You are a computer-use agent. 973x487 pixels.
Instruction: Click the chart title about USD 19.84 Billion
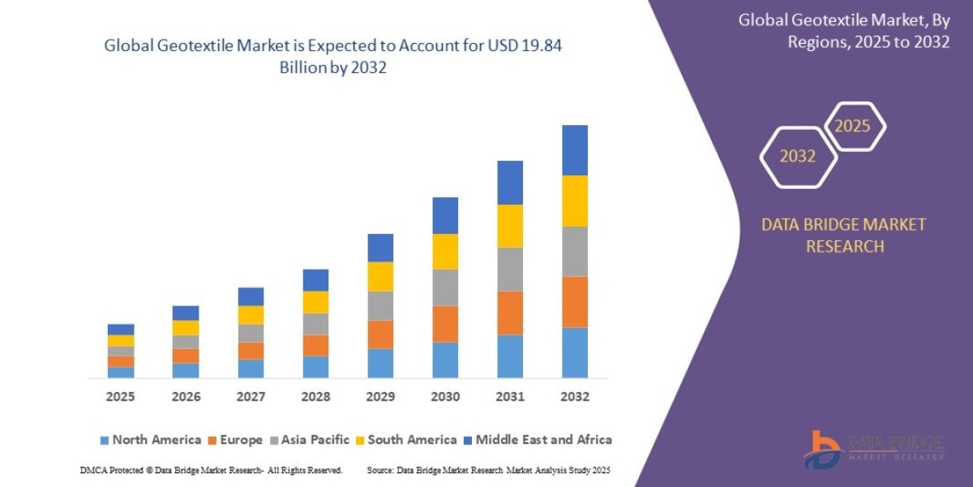[x=333, y=57]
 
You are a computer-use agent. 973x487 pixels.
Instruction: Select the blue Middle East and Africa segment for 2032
[x=574, y=150]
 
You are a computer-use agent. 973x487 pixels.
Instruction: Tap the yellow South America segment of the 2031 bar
[x=509, y=226]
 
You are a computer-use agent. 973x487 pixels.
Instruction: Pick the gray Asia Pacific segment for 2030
[x=444, y=287]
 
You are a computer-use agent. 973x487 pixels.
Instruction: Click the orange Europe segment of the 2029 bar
[x=379, y=334]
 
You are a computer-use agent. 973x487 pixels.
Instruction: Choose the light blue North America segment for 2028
[x=315, y=367]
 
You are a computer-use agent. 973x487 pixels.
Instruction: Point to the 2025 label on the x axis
[x=120, y=397]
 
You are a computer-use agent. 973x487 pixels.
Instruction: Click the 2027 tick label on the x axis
[x=250, y=397]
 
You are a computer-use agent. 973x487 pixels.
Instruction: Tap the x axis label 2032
[x=574, y=397]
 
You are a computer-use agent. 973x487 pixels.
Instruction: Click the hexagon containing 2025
[x=853, y=127]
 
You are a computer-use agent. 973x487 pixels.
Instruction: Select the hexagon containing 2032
[x=798, y=157]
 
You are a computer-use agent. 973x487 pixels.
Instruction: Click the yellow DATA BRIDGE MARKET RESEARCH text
[x=843, y=235]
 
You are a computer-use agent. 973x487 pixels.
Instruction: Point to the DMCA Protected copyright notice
[x=211, y=471]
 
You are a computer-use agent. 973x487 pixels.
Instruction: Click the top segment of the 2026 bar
[x=186, y=312]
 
